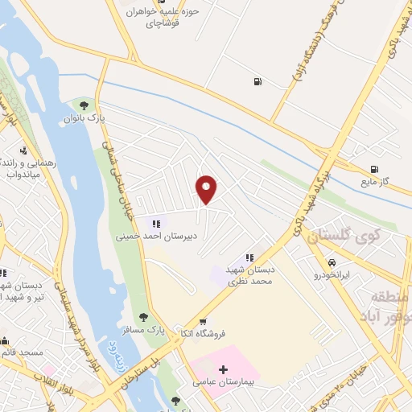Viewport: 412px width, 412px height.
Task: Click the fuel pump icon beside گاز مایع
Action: (373, 169)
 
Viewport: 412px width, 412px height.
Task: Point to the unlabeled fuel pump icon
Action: (257, 80)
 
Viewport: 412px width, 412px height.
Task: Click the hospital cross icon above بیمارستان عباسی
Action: (223, 369)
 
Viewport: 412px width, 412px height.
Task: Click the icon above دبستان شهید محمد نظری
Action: (249, 257)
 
